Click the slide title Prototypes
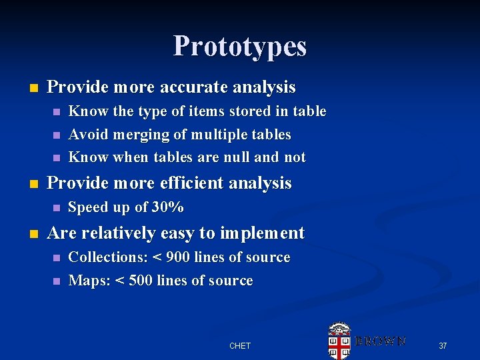(240, 46)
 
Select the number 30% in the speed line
(168, 207)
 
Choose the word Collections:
(108, 257)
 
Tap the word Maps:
(89, 281)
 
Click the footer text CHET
(240, 345)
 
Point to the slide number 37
(443, 345)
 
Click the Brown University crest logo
(339, 341)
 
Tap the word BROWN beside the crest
(380, 341)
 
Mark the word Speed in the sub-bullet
(87, 207)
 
